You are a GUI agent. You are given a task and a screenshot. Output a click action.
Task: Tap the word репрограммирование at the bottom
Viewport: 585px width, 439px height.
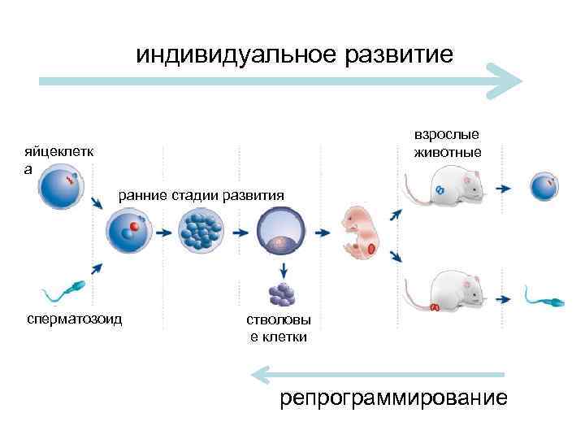point(393,399)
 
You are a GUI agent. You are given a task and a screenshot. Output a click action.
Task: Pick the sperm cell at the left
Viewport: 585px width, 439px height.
point(61,289)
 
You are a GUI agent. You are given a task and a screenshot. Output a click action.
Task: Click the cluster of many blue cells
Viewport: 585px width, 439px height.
point(200,230)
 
